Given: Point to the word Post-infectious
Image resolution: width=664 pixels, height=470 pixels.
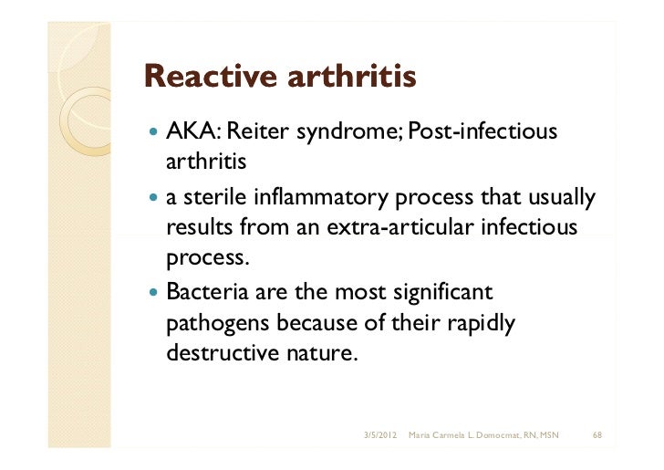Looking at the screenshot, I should [x=482, y=133].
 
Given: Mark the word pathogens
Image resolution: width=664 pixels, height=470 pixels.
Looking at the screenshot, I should [x=217, y=324].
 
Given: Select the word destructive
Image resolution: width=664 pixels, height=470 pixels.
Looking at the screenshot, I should [x=216, y=353].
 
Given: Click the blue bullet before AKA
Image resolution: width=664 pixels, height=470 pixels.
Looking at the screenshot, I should [x=151, y=134].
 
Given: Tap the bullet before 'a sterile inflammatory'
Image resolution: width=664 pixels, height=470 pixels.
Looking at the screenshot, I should [x=151, y=199].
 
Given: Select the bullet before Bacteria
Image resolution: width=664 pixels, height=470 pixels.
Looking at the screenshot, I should [x=151, y=295].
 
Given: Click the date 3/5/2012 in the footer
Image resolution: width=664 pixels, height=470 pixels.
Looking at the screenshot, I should [x=379, y=433].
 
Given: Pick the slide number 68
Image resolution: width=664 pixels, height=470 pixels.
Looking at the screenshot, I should [x=597, y=433].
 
